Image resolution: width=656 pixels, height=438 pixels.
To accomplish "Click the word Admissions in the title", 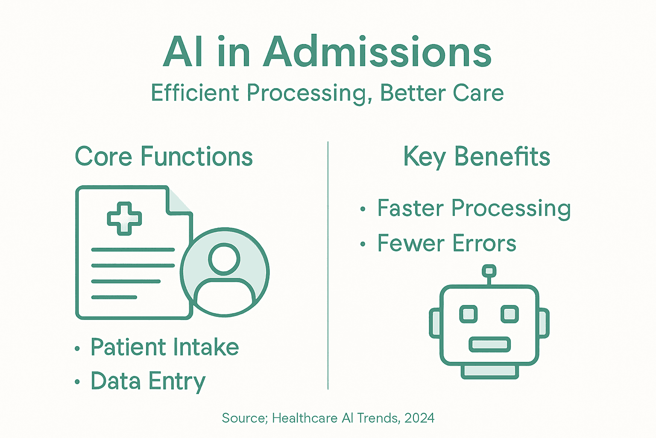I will [x=378, y=53].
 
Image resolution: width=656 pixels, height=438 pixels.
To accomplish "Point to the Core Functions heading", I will [x=164, y=157].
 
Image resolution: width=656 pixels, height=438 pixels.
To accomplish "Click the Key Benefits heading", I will [x=477, y=157].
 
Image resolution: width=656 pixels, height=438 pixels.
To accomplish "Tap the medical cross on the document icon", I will [x=124, y=219].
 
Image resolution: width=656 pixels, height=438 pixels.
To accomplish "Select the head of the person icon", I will [x=224, y=259].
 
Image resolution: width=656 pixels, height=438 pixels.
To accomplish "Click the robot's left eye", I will [x=469, y=314].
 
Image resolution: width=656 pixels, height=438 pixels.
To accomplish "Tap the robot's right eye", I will [x=510, y=314].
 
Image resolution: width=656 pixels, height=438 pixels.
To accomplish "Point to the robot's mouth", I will [x=489, y=344].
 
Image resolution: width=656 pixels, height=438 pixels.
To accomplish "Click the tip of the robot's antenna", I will [x=489, y=271].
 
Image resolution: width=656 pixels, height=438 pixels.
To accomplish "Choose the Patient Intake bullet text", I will [x=164, y=347].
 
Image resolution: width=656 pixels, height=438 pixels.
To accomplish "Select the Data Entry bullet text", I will [x=148, y=381].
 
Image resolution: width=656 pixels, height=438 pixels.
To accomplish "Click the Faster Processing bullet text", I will [x=474, y=208].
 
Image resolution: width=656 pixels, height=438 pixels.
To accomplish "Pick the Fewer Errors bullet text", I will [x=447, y=243].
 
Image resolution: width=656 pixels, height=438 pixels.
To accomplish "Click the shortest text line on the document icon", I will [x=114, y=297].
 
